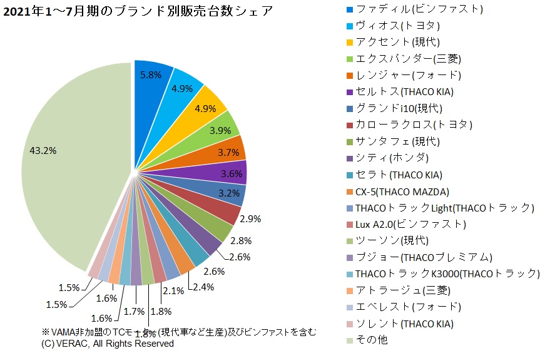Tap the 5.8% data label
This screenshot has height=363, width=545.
click(x=150, y=74)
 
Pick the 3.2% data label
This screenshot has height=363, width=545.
click(x=229, y=193)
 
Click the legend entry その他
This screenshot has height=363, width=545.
click(x=372, y=340)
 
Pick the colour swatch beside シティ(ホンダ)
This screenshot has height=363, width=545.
click(x=349, y=158)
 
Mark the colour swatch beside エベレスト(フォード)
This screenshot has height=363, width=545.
click(x=349, y=307)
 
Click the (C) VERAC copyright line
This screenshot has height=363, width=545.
click(x=108, y=344)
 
